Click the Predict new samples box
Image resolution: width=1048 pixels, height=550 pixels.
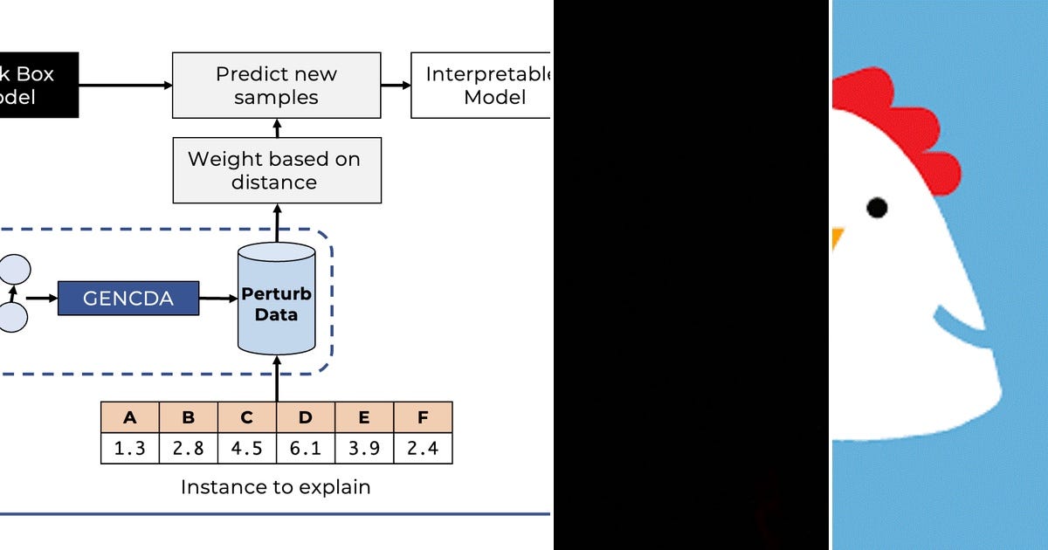coord(276,85)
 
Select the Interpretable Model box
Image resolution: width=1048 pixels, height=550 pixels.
coord(480,85)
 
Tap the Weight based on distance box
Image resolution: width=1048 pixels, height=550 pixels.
coord(276,170)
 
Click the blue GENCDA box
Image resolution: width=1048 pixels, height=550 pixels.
coord(128,299)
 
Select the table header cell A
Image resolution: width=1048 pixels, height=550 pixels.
coord(130,417)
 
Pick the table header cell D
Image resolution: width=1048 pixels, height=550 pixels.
coord(306,417)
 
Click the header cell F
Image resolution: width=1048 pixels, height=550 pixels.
coord(423,417)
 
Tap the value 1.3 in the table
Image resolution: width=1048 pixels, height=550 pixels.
coord(130,449)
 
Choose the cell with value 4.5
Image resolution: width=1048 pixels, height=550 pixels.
coord(247,449)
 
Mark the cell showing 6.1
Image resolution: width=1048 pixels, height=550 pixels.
coord(306,449)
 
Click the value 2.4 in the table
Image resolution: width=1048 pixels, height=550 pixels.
coord(423,449)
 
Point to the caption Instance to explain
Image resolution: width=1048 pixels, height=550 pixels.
coord(276,487)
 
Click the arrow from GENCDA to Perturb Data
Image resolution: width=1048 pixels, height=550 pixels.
coord(218,299)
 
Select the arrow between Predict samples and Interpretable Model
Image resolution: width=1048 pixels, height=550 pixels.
coord(396,85)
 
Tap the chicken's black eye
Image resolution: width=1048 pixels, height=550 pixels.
coord(877,208)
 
